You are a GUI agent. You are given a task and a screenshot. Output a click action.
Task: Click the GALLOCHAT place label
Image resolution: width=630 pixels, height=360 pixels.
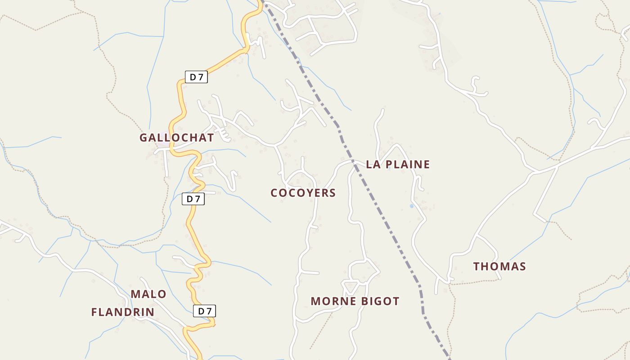coord(176,138)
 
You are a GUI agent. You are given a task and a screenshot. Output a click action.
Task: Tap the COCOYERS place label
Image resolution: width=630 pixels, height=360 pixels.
coord(303,193)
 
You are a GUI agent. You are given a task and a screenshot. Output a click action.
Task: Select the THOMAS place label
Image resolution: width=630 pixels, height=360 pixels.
coord(499,266)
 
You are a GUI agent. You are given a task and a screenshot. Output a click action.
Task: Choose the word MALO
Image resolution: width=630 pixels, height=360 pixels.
coord(148,294)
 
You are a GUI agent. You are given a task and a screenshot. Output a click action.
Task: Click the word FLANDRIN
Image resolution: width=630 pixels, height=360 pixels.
coord(123,312)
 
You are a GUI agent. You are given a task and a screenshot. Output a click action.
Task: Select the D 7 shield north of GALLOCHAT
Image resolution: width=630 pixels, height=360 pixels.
coord(196,77)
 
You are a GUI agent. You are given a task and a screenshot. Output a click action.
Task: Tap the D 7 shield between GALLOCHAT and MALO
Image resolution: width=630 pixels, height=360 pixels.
coord(193,199)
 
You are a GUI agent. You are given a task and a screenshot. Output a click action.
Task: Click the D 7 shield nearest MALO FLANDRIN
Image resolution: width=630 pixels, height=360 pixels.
coord(205,311)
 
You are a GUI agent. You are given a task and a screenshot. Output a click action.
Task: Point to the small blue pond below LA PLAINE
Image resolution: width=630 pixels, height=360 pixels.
coord(411,206)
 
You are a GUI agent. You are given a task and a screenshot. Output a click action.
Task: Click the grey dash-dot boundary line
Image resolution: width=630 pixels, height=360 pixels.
coord(386,220)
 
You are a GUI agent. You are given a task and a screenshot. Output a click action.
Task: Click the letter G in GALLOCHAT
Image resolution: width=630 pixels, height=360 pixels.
coord(144,138)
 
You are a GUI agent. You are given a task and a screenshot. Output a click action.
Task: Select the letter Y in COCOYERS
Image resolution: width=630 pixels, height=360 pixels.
coord(304,193)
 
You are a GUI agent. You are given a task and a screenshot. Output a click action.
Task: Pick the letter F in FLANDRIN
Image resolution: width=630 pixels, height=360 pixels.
coord(94,312)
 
